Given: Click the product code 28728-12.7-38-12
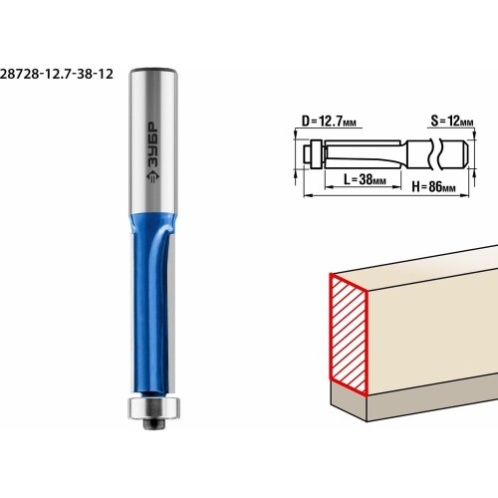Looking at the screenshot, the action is point(57,74).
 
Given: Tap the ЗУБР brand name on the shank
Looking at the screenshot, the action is point(153,145).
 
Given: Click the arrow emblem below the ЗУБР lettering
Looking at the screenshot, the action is point(152,176).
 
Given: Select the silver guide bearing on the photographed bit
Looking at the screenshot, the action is point(154,407).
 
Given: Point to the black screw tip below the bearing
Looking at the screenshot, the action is point(153,423).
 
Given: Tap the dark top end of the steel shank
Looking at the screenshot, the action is point(152,70).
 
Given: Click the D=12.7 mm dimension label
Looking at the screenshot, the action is point(329,122).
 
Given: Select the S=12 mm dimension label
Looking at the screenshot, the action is point(452,121).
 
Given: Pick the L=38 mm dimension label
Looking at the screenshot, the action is point(365,179).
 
